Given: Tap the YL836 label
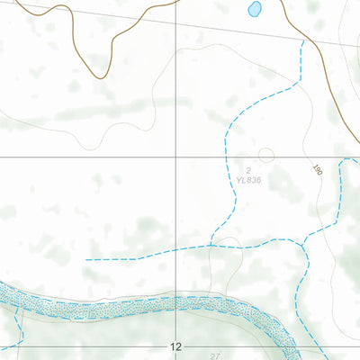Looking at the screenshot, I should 247,180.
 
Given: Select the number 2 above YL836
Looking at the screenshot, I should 247,169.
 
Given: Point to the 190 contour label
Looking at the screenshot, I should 317,168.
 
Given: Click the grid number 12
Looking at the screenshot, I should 175,346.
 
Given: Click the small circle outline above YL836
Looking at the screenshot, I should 265,155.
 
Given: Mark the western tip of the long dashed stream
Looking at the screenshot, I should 86,259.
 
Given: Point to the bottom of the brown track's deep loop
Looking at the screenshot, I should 94,77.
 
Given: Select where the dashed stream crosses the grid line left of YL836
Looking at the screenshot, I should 224,157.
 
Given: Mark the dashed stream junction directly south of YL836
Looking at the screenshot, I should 211,243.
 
